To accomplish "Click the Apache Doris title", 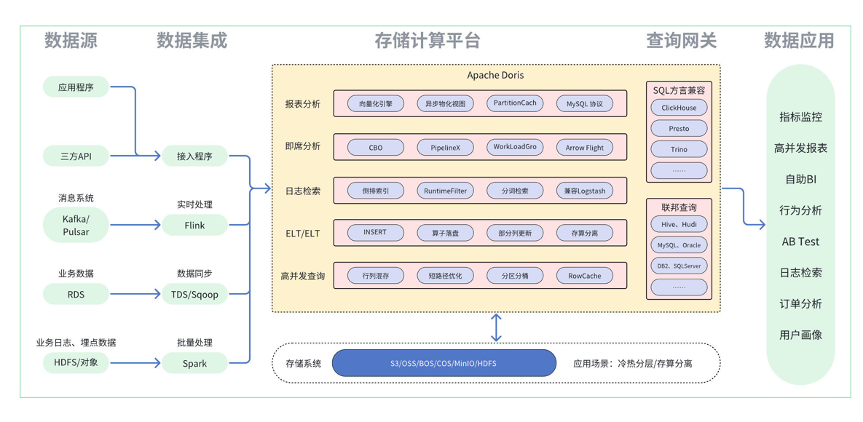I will pos(495,76).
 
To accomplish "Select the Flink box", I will pos(194,226).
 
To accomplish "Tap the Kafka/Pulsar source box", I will pos(76,226).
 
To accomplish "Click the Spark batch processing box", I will pos(194,363).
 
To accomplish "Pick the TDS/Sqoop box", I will pos(194,295).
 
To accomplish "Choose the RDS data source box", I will pos(76,295).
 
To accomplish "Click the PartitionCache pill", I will pos(515,103).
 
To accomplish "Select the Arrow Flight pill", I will pos(585,148).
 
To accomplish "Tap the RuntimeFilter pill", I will pos(445,191).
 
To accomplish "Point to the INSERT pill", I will pos(375,233).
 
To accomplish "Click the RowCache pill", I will pos(585,276).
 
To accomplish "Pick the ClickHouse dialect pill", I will pos(679,108).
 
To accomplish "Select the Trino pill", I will pos(679,149).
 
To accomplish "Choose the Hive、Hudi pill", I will pos(679,225).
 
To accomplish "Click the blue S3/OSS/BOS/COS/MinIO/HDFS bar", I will pos(444,363).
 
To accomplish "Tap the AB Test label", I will pos(800,242).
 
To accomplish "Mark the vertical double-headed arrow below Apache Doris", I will pos(496,327).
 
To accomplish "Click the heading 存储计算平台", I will pos(427,41).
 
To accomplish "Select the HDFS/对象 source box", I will pos(76,363).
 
